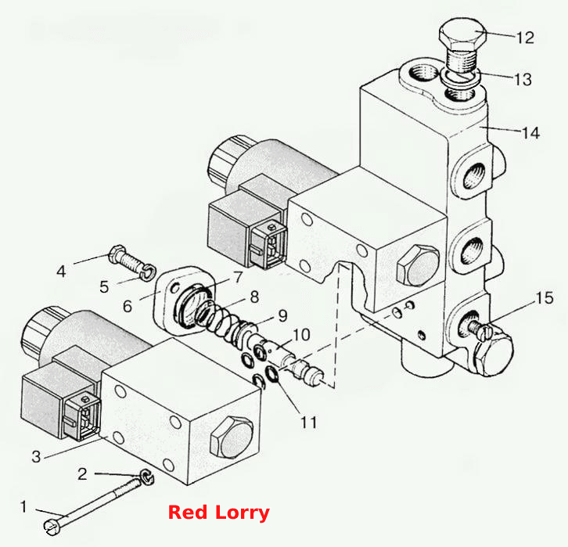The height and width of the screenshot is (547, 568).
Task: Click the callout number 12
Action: [525, 38]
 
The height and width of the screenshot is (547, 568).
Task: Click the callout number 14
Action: [530, 133]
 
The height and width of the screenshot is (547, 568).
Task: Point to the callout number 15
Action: [545, 298]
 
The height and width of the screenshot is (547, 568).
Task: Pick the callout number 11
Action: [309, 423]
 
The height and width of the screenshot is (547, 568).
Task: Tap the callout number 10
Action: [301, 335]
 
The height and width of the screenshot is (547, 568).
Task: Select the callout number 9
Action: [282, 316]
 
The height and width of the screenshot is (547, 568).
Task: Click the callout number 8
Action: [254, 297]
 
